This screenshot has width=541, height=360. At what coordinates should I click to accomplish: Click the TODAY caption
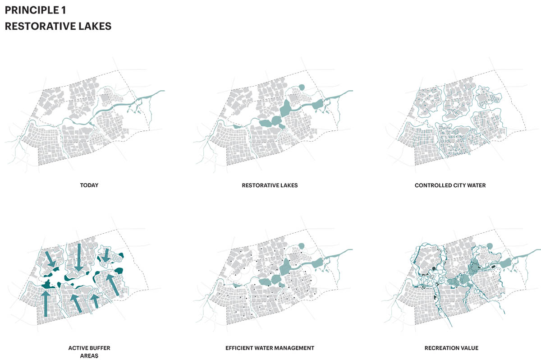click(89, 185)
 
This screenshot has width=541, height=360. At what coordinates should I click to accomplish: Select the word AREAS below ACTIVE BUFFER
click(89, 356)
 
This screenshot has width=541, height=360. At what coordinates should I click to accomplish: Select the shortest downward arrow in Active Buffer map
click(106, 255)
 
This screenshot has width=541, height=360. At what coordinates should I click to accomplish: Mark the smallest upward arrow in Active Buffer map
click(95, 300)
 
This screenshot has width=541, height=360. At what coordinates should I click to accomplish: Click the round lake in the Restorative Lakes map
click(302, 87)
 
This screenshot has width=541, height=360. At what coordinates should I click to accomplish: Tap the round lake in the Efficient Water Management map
click(301, 246)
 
